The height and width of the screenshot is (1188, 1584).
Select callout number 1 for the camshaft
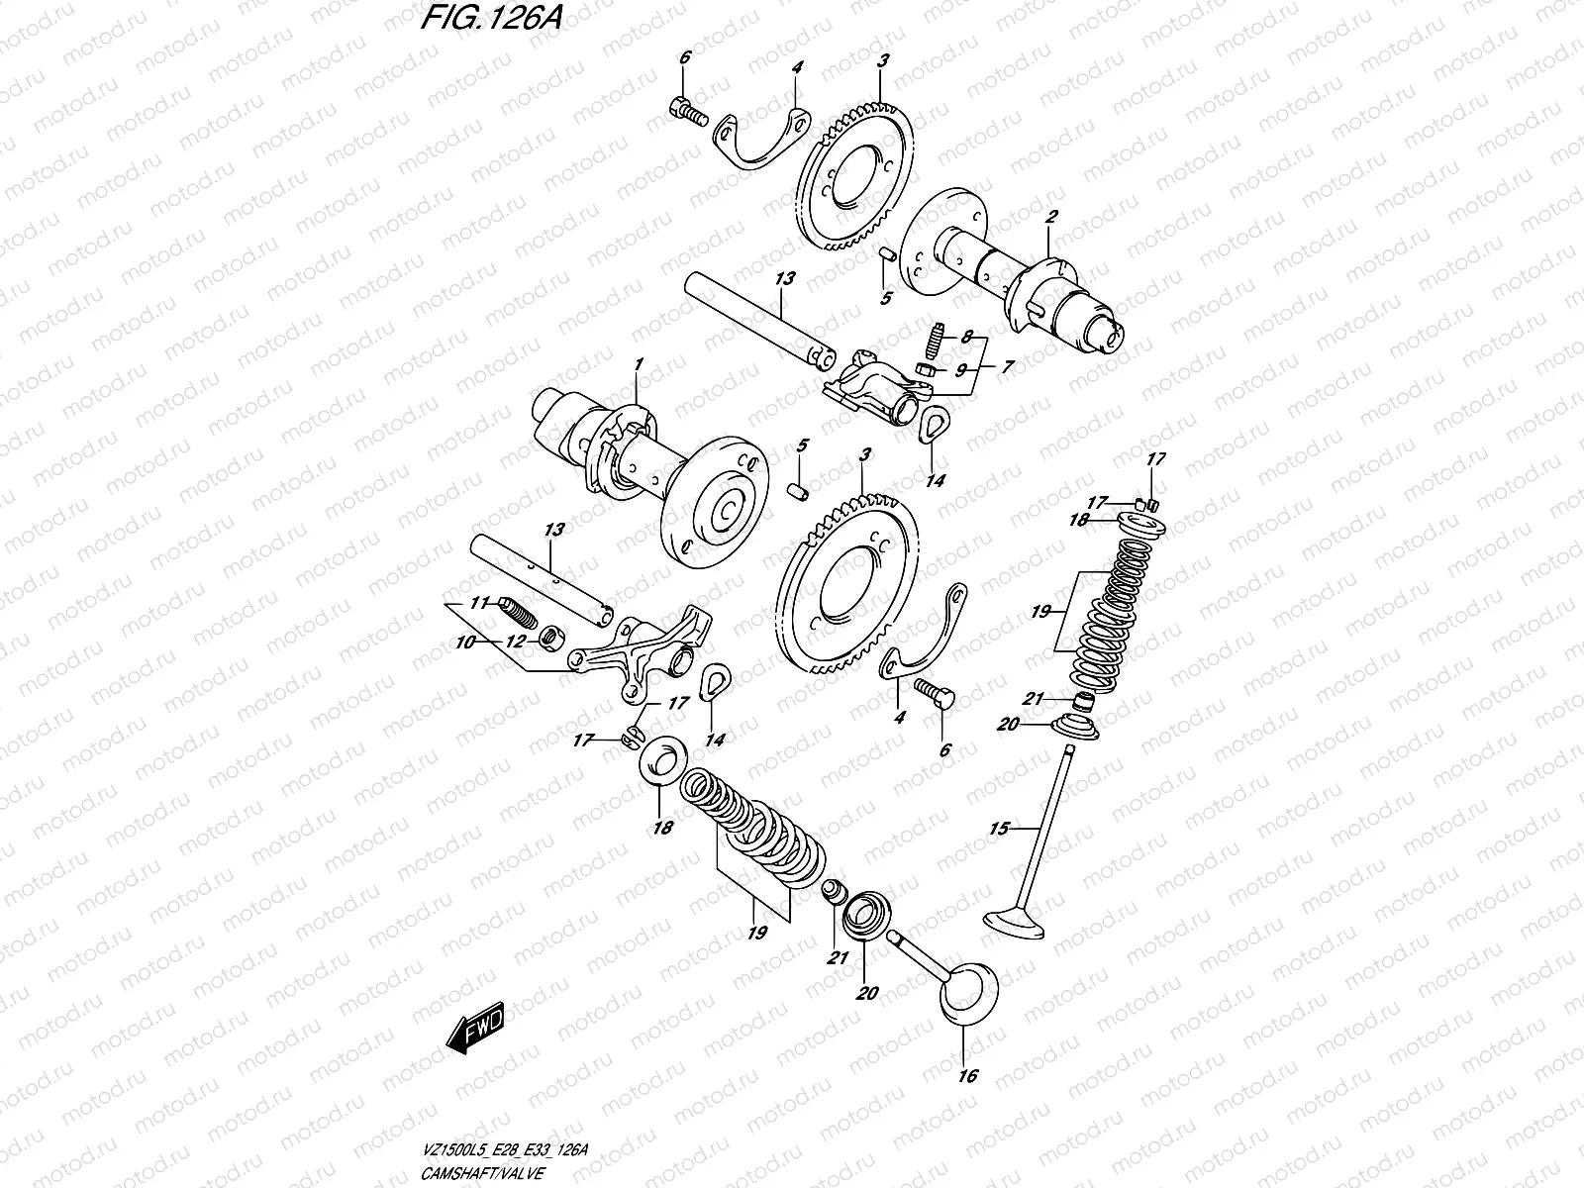[x=640, y=364]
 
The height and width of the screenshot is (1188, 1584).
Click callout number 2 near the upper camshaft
[x=1052, y=216]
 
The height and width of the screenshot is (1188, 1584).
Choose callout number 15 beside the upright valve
[x=999, y=828]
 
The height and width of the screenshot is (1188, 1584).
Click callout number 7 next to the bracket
[x=1007, y=367]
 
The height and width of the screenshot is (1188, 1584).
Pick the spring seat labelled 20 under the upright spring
[x=1085, y=728]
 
